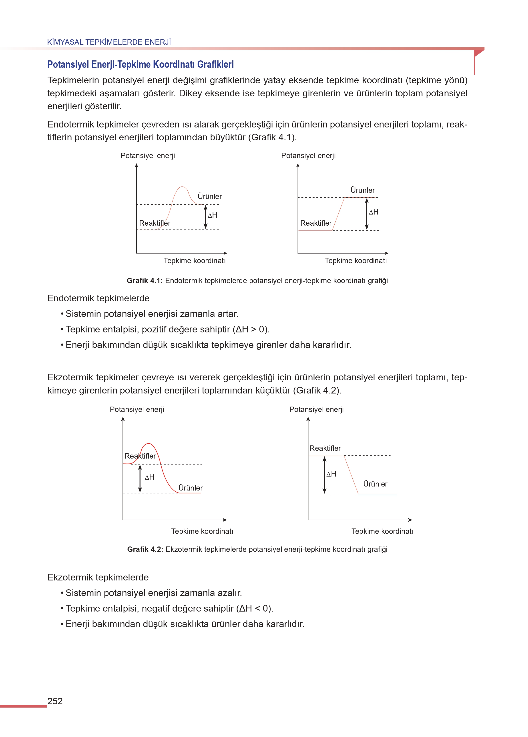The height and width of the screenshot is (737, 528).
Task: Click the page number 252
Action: coord(55,701)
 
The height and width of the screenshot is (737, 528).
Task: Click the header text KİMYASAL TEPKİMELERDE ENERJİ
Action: coord(109,42)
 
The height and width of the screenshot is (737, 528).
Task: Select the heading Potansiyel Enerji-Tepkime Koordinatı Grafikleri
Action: coord(141,65)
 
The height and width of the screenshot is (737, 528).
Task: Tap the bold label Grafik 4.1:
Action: coord(144,280)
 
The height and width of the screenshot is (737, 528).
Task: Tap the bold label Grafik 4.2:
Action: coord(145,549)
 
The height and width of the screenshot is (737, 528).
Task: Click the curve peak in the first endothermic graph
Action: coord(182,187)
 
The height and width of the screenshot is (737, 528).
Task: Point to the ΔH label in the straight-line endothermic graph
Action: coord(373,212)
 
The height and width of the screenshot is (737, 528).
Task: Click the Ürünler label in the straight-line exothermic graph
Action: coord(375,484)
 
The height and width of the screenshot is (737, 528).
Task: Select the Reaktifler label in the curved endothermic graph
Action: coord(155,223)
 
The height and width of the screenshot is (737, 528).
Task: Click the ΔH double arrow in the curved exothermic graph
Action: coord(140,479)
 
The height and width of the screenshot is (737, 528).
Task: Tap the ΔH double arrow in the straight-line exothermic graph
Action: coord(325,475)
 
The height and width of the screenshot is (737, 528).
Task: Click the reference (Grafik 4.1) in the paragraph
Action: coord(272,137)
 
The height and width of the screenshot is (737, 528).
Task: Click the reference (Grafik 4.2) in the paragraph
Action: coord(317,390)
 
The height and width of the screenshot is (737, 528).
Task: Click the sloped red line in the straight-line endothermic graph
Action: coord(338,214)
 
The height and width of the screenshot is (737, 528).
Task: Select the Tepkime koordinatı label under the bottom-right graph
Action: coord(382,531)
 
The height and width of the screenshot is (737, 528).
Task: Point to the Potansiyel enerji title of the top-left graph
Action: coord(148,156)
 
